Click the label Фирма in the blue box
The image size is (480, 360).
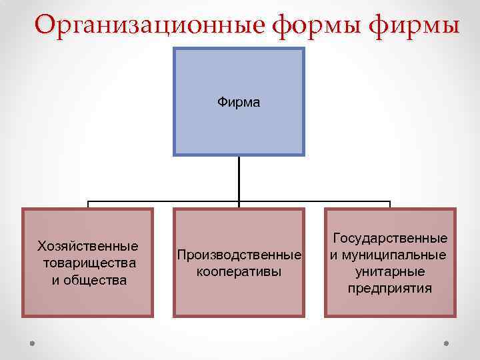tap(239, 103)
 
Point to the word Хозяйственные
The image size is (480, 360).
tap(88, 247)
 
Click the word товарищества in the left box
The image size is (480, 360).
tap(89, 263)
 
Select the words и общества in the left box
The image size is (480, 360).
tap(89, 279)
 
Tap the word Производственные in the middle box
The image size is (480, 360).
tap(239, 255)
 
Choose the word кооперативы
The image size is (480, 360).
tap(239, 271)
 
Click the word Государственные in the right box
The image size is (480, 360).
tap(390, 238)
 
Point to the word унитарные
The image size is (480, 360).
tap(390, 271)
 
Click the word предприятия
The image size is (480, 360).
tap(390, 288)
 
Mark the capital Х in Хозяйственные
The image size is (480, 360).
tap(42, 247)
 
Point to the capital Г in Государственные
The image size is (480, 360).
tap(336, 238)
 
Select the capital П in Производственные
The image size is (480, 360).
tap(181, 255)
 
